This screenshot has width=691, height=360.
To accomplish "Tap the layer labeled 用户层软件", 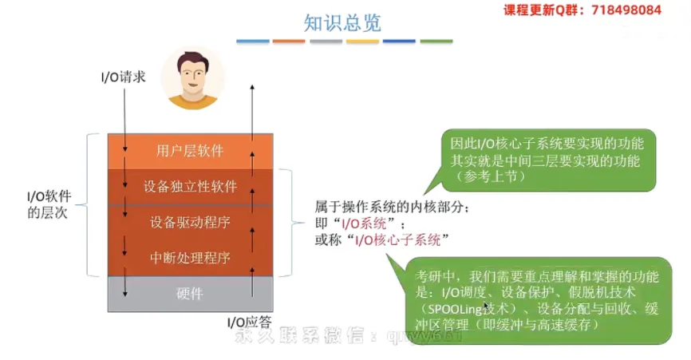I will (190, 151).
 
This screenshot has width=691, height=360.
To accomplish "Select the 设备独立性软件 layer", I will (190, 187).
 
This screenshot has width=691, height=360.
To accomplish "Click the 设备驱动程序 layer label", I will (190, 222).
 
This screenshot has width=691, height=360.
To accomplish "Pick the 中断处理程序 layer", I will (190, 257).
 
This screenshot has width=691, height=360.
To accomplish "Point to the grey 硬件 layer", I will (190, 293).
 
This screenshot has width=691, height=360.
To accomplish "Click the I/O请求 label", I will (122, 77).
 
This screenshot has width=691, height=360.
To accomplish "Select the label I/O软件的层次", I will (50, 204).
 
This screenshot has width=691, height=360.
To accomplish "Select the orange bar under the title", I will (288, 41).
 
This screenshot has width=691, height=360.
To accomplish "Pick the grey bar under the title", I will (325, 41).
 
